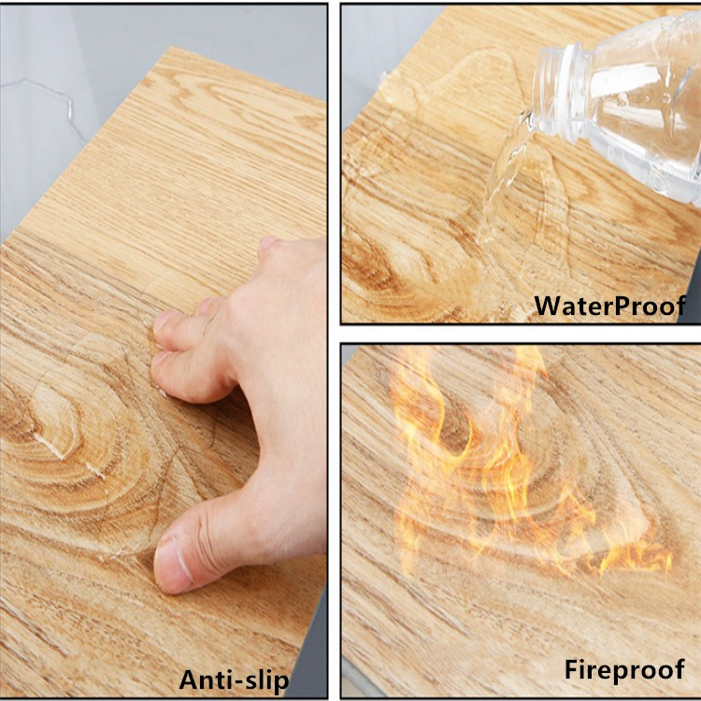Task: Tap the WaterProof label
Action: [x=609, y=305]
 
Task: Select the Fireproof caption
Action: [x=623, y=669]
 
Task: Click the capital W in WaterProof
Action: [x=546, y=305]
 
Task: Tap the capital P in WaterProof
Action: [x=630, y=305]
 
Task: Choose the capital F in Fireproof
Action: [x=572, y=669]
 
